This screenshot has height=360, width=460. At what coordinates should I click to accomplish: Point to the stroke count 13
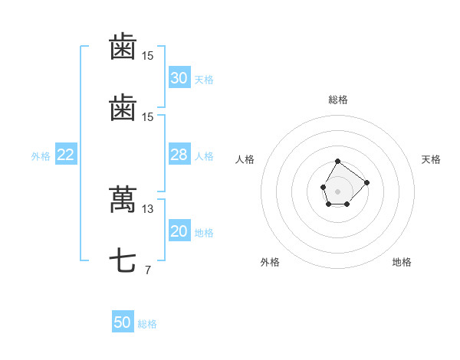click(x=147, y=209)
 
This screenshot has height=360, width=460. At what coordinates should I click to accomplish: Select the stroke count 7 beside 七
click(x=147, y=270)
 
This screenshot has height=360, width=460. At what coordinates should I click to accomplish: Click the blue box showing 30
click(x=179, y=77)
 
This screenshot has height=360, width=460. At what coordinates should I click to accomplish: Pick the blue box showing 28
click(x=179, y=155)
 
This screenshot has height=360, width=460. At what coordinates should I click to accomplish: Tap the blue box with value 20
click(x=179, y=232)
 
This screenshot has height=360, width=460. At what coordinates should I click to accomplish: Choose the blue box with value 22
click(x=66, y=155)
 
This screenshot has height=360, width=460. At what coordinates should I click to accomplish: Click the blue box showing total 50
click(x=123, y=322)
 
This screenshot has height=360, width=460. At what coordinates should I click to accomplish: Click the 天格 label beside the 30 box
click(x=204, y=79)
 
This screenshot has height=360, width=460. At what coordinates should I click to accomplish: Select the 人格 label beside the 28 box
click(x=204, y=156)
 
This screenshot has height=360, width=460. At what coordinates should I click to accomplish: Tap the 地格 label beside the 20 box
click(x=204, y=233)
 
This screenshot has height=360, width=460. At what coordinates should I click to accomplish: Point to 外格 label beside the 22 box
click(x=41, y=156)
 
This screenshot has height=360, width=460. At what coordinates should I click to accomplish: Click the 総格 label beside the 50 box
click(x=147, y=324)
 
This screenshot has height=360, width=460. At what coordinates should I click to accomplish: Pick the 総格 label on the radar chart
click(x=338, y=100)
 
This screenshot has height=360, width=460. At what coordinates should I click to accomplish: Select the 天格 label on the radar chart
click(x=431, y=159)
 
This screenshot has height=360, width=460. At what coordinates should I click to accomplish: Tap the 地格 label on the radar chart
click(x=402, y=262)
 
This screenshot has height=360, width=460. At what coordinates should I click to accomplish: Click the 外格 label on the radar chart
click(x=270, y=262)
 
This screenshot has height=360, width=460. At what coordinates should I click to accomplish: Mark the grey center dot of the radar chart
click(x=337, y=190)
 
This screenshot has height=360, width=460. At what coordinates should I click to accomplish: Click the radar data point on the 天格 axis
click(x=366, y=182)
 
